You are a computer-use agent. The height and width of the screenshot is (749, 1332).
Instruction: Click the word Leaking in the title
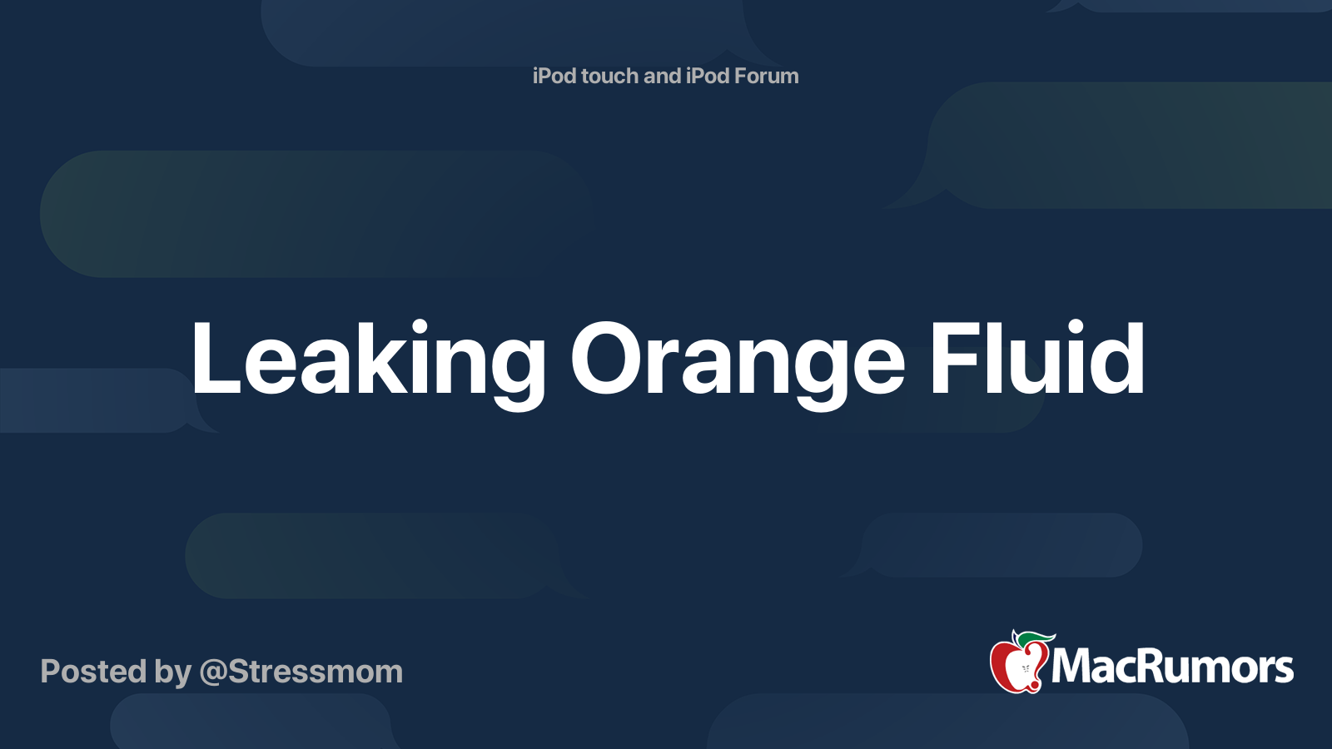tap(366, 360)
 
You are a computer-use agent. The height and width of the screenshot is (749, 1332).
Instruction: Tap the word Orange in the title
tap(737, 360)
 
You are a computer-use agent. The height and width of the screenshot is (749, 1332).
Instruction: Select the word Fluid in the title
tap(1036, 360)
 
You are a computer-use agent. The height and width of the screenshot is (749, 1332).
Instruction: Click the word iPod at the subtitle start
tap(554, 76)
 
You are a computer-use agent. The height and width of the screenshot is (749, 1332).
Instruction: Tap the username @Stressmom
tap(301, 672)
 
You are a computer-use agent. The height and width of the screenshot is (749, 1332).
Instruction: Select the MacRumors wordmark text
tap(1172, 667)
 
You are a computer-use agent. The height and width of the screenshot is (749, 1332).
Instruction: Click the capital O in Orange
tap(611, 360)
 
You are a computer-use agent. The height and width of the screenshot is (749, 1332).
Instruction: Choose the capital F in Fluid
tap(953, 360)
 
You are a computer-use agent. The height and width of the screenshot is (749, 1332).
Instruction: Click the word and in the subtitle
tap(662, 76)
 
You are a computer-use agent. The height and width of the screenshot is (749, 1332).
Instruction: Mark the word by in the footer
tap(171, 672)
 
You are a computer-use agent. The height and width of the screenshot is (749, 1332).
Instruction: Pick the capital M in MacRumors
tap(1074, 667)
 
